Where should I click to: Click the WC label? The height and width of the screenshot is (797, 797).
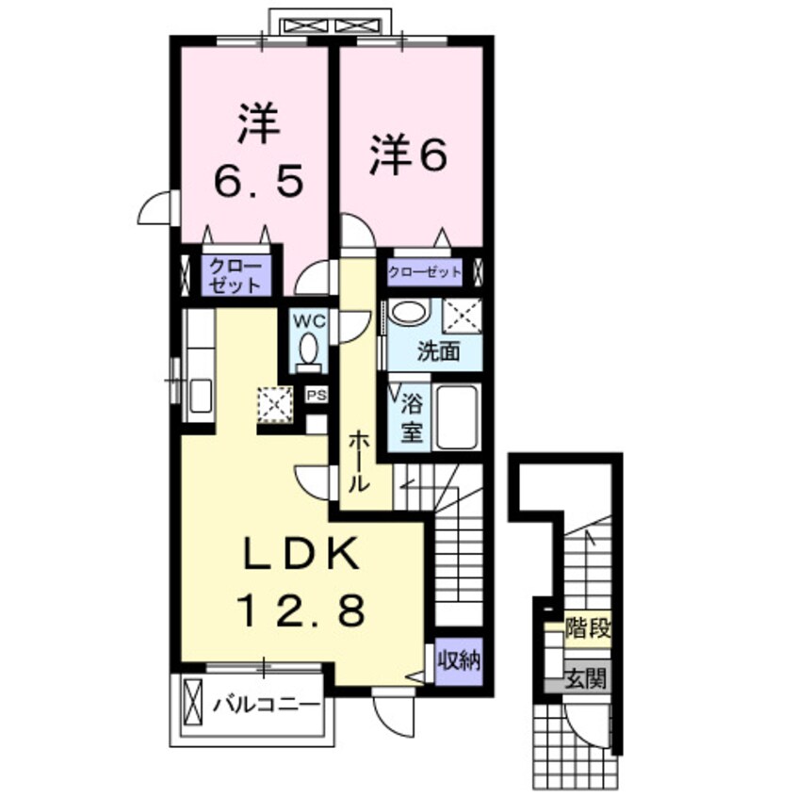pyautogui.click(x=311, y=321)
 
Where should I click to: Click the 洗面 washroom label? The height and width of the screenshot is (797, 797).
pyautogui.click(x=439, y=352)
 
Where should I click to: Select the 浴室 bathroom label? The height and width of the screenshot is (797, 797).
pyautogui.click(x=412, y=420)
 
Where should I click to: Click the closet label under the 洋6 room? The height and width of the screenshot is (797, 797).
pyautogui.click(x=426, y=272)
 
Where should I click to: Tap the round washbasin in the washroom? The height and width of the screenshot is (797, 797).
pyautogui.click(x=409, y=313)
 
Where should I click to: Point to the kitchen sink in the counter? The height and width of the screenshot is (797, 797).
pyautogui.click(x=201, y=396)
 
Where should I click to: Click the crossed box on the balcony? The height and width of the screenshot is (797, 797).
pyautogui.click(x=193, y=703)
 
